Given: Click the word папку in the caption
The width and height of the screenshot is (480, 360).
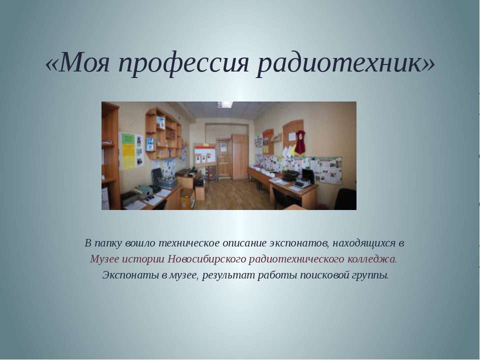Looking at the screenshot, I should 110,243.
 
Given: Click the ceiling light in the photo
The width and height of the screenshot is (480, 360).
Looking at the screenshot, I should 224,104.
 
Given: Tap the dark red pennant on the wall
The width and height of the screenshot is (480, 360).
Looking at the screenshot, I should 300,142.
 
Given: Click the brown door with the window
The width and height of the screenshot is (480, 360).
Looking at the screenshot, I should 223,157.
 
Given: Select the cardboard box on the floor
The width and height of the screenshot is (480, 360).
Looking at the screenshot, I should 187,198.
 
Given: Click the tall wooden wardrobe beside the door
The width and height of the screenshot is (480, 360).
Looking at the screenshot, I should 239,155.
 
